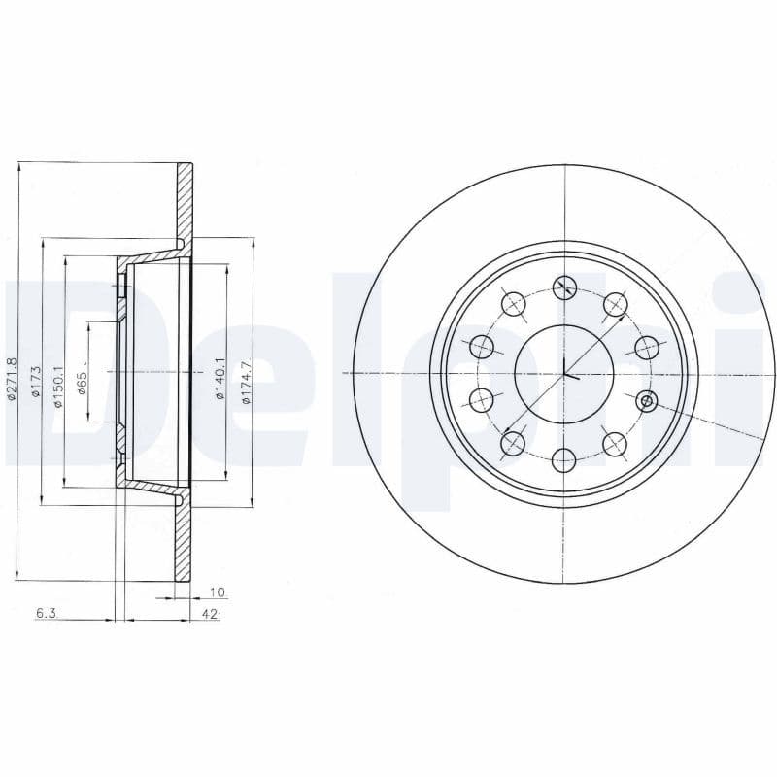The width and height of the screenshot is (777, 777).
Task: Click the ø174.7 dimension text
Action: click(246, 380)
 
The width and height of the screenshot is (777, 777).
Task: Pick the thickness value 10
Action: click(218, 591)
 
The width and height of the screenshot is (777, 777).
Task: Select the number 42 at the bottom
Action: click(208, 614)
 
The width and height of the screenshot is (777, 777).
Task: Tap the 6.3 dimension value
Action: click(45, 614)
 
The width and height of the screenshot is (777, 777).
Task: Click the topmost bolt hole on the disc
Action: click(564, 287)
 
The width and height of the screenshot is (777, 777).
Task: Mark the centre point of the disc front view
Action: click(564, 374)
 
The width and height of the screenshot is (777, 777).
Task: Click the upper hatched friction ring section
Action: click(185, 199)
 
